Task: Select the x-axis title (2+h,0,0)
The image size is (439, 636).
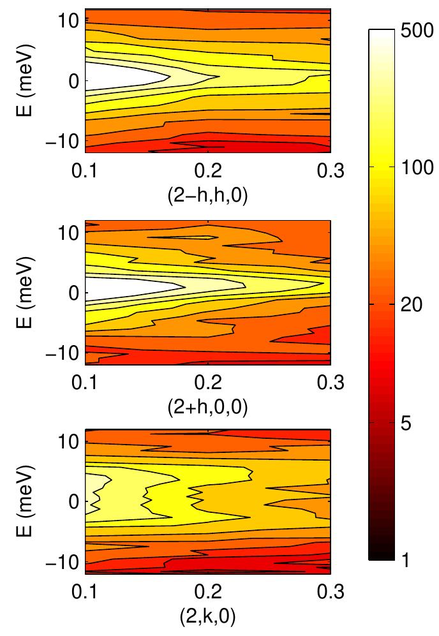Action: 207,407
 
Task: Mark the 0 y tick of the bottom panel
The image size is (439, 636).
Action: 73,501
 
